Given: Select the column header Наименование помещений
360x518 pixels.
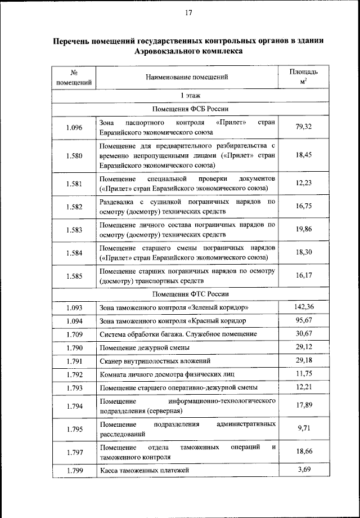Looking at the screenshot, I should pos(187,77).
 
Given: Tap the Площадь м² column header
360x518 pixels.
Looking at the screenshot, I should pos(303,77).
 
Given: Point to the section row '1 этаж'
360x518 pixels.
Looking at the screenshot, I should pos(187,95).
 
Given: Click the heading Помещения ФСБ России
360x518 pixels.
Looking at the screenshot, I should pos(187,109).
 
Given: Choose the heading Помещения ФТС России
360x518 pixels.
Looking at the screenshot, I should pos(187,294).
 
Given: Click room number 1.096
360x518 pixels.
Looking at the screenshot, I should pos(74,127).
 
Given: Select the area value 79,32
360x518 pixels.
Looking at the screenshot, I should pos(303,127).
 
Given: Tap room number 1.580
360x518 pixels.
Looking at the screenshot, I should pos(74,155).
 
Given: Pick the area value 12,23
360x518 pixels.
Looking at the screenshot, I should pos(303,183).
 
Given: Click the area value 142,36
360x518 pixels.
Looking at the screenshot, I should pos(303,307).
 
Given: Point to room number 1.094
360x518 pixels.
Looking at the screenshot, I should pos(74,321).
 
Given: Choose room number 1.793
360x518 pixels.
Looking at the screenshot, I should pos(74,387).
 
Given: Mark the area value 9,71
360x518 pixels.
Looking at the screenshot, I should pos(303,428).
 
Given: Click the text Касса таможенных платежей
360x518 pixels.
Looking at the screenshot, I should pos(144,470).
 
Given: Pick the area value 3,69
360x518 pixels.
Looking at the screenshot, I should pos(303,469).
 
